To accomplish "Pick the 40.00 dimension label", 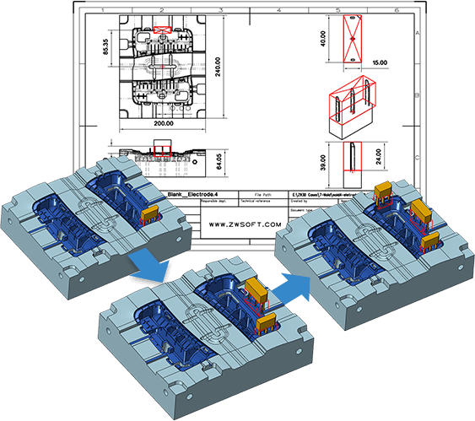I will click(320, 40).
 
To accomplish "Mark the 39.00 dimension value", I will click(320, 158).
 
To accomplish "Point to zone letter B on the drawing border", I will click(465, 95).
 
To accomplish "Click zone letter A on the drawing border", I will click(465, 31).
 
